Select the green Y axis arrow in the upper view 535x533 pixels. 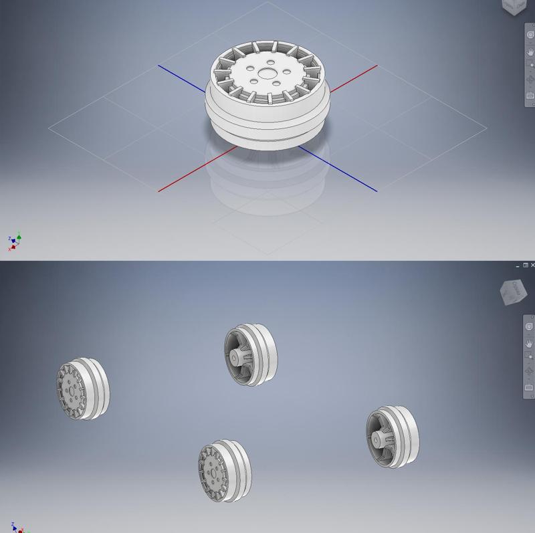click(x=19, y=234)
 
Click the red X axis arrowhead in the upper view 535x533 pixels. click(x=11, y=247)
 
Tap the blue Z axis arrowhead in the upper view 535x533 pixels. click(x=9, y=238)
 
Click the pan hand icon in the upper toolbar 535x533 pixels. click(x=530, y=49)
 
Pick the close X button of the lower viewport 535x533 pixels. click(x=532, y=265)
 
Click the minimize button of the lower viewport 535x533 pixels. click(x=519, y=265)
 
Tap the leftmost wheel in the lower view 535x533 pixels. click(x=82, y=389)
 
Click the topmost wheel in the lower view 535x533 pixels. click(x=249, y=354)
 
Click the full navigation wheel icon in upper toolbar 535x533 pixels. click(x=530, y=33)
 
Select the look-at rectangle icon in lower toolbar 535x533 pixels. click(x=530, y=387)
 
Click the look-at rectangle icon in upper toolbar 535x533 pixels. click(x=530, y=96)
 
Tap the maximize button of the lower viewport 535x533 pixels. click(x=526, y=265)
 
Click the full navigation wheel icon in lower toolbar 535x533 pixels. click(x=530, y=326)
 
